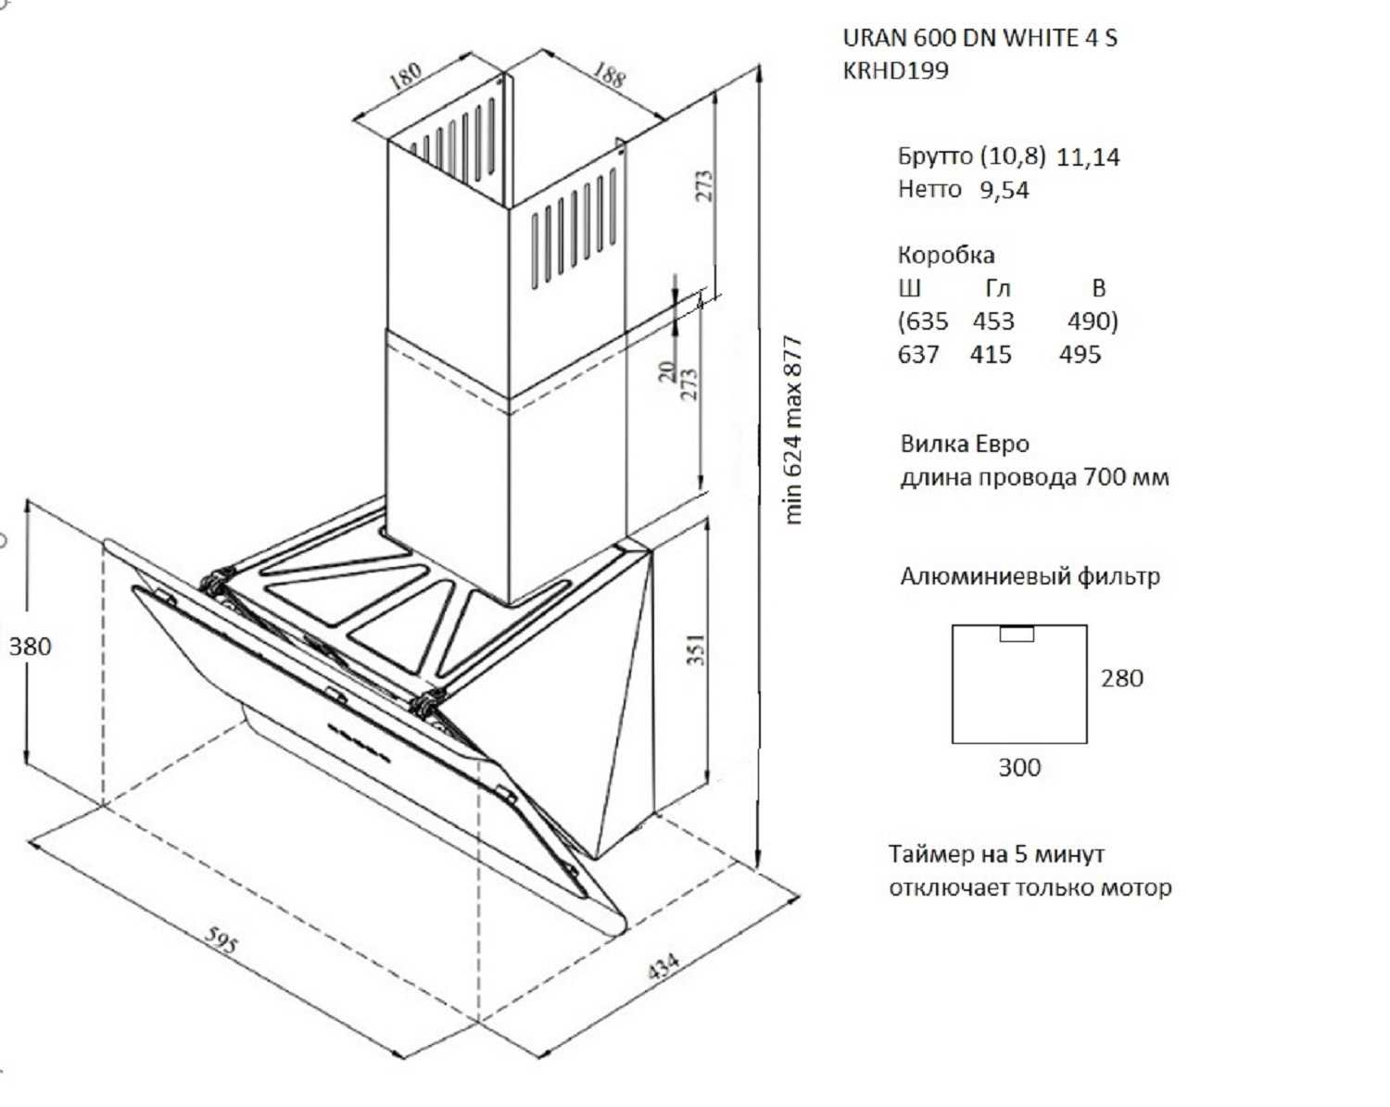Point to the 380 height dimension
(30, 647)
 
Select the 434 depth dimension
(663, 965)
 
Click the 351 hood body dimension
(699, 648)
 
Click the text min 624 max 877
(792, 431)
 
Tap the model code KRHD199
(895, 71)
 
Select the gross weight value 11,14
(1087, 157)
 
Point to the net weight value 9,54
(1004, 191)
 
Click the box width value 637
(918, 355)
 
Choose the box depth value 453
(993, 321)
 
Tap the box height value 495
(1080, 355)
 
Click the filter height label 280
(1121, 679)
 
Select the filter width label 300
(1018, 768)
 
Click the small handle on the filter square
(1017, 634)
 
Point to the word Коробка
(945, 255)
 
